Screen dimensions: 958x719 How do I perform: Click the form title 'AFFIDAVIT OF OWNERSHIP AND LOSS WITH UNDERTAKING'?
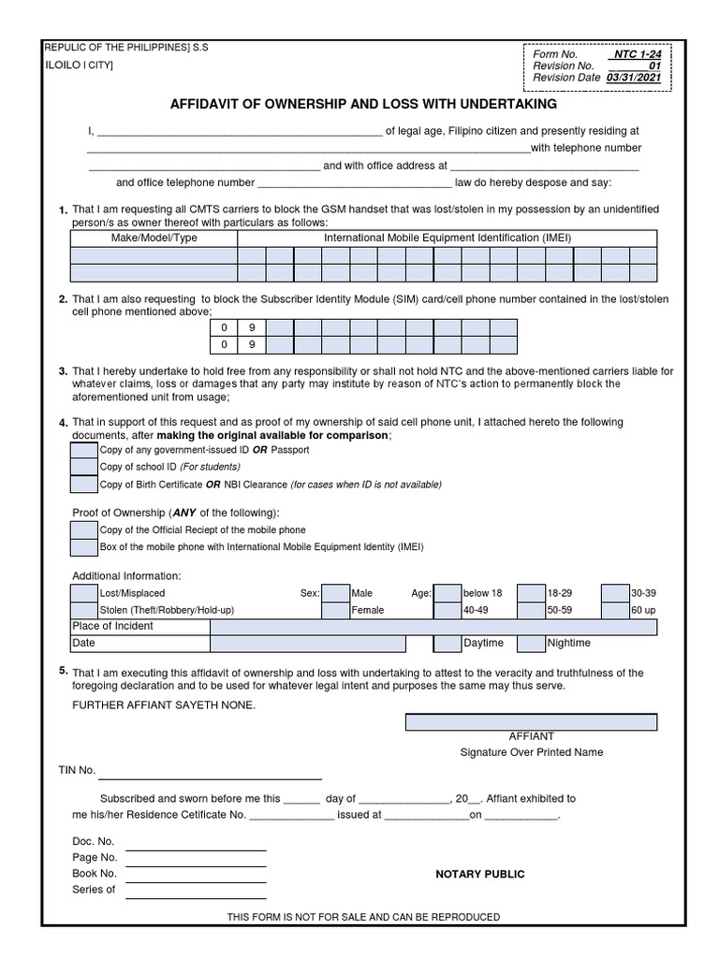[363, 104]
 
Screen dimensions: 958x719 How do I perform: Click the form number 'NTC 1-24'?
[638, 54]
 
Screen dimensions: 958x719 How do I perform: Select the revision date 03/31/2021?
[633, 78]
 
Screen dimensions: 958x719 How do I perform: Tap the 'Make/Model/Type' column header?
[154, 238]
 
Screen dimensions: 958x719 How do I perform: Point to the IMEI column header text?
[448, 238]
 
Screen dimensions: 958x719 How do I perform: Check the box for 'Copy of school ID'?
[84, 467]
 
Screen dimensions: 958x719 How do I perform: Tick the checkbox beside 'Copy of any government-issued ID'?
[84, 450]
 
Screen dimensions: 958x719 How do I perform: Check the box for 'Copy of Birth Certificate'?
[84, 485]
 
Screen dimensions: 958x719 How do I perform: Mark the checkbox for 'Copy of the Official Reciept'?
[84, 530]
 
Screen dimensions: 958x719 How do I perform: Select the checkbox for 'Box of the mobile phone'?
[84, 547]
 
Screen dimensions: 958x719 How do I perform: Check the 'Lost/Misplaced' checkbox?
[84, 593]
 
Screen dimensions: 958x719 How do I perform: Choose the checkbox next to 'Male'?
[335, 593]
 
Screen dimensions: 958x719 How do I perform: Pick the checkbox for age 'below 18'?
[448, 593]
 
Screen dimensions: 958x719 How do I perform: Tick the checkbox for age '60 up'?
[615, 610]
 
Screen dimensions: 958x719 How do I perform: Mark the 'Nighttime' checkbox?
[531, 644]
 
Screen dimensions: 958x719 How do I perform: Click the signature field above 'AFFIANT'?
[531, 722]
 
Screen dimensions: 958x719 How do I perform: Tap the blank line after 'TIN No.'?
[210, 777]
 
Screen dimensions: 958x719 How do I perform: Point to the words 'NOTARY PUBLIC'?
[480, 874]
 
